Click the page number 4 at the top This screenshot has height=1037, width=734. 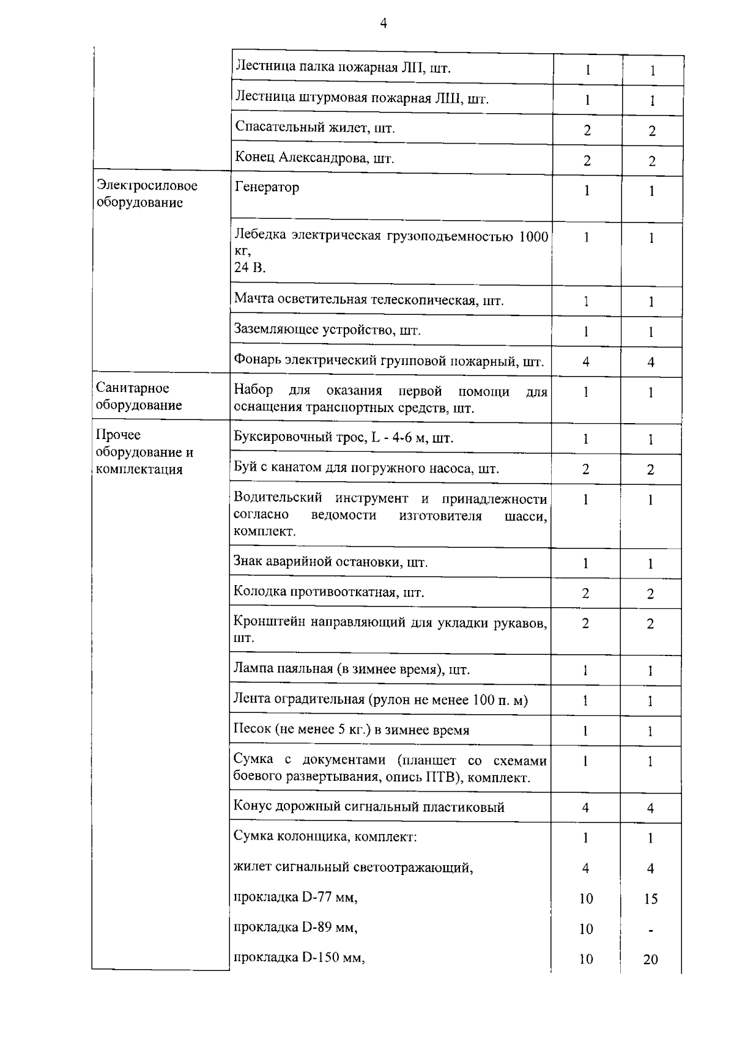pos(384,24)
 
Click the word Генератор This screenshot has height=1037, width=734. pos(267,187)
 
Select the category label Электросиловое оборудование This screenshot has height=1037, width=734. pos(147,194)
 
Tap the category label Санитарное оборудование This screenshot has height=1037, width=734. pos(139,396)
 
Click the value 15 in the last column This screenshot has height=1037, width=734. pos(650,899)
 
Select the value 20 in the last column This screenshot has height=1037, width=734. pos(650,959)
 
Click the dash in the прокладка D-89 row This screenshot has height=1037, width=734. pos(651,930)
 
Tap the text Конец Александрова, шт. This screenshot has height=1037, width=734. pos(314,158)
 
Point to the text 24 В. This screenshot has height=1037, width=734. pos(250,268)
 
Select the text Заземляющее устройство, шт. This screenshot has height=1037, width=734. pos(327,331)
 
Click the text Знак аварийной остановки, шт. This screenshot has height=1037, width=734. pos(330,562)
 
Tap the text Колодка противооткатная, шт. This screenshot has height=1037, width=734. pos(328,592)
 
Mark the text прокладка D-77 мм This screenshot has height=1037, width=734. pos(295,898)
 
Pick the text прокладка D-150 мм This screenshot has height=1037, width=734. pos(298,958)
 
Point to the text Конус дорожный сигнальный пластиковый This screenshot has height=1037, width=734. pos(369,807)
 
